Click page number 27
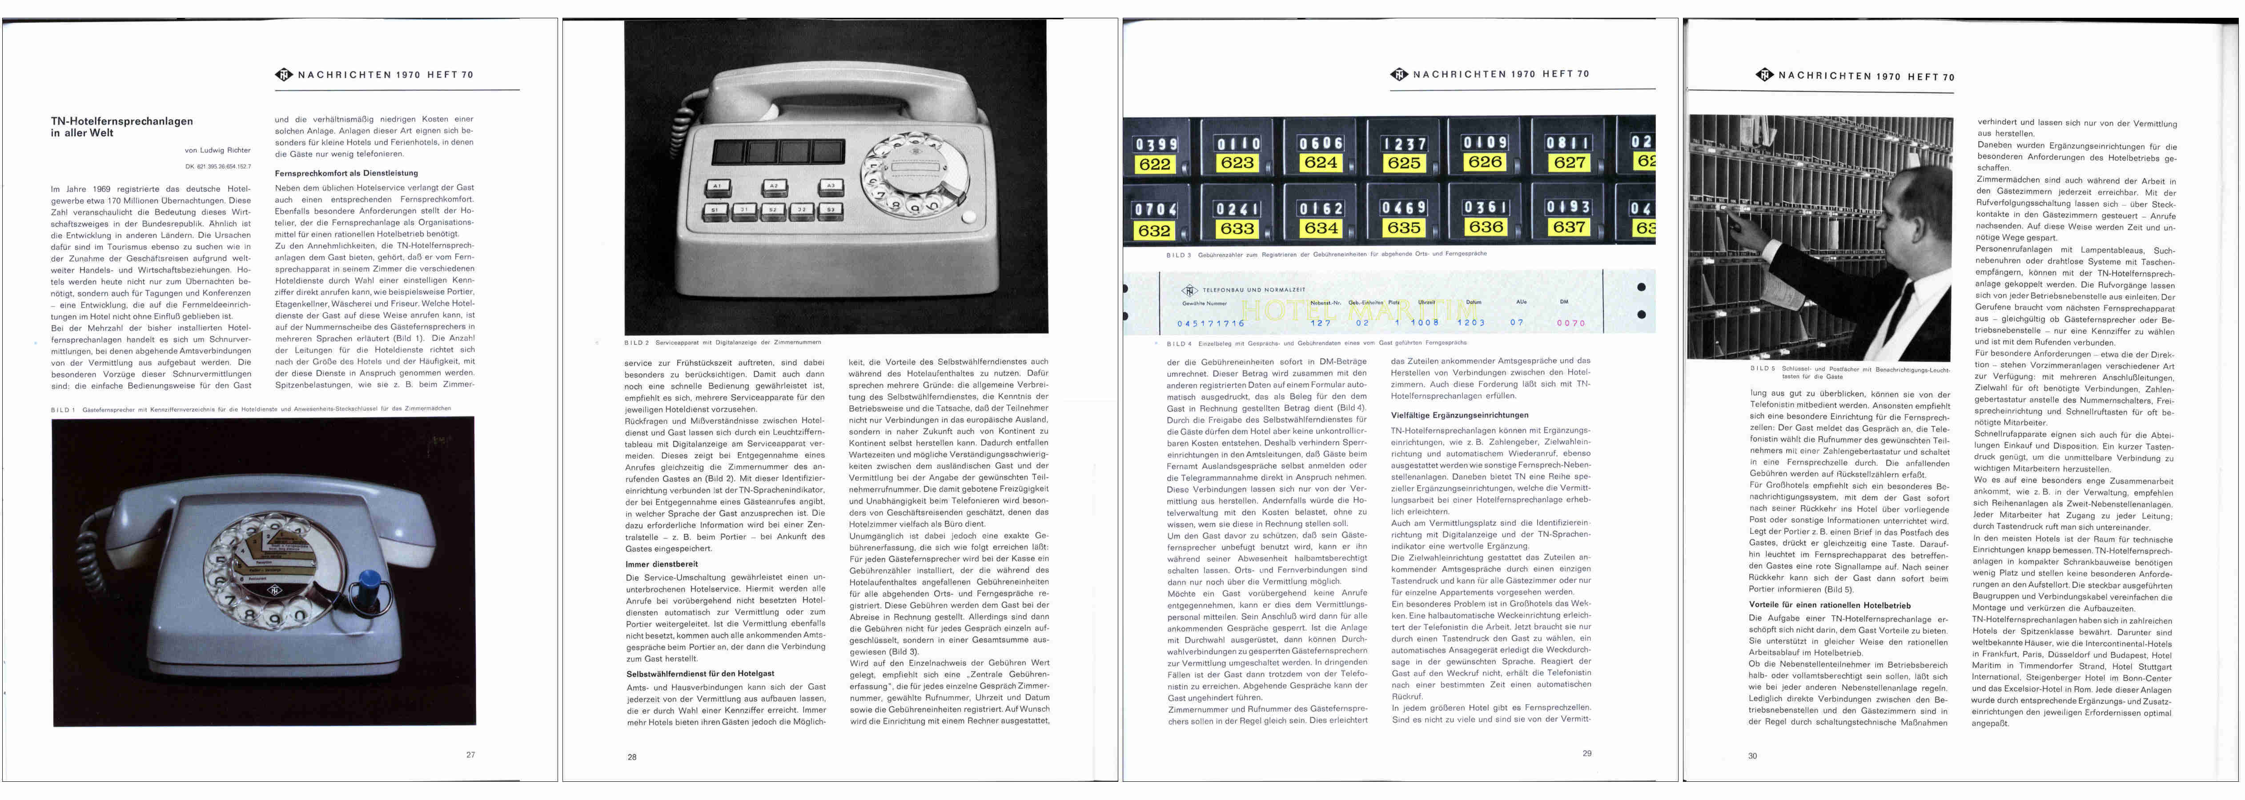pyautogui.click(x=470, y=755)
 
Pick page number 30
pyautogui.click(x=1753, y=756)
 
